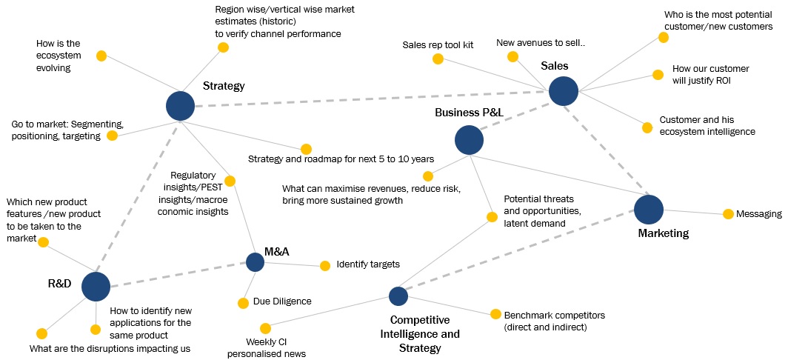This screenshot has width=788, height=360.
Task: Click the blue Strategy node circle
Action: click(180, 106)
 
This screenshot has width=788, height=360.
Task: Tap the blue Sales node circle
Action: click(564, 91)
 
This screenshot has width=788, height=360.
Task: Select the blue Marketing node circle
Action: click(649, 209)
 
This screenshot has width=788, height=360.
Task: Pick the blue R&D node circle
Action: click(96, 286)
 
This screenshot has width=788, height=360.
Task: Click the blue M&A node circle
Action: click(255, 261)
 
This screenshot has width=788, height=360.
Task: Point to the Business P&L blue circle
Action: click(468, 139)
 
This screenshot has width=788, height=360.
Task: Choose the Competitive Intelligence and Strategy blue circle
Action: click(398, 296)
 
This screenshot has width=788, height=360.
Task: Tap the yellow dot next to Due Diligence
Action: click(243, 302)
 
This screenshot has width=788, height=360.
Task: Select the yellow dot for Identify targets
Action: click(325, 265)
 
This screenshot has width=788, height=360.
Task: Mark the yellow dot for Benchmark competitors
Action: click(494, 314)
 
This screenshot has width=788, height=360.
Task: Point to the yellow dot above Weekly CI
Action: click(265, 328)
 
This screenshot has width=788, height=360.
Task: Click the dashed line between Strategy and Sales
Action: click(370, 99)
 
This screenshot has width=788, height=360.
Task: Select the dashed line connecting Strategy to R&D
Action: click(138, 196)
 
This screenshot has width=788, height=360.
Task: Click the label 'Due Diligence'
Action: click(282, 301)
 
